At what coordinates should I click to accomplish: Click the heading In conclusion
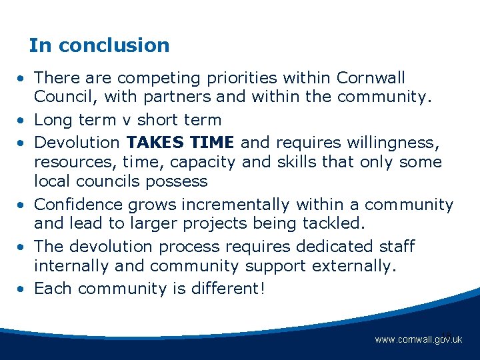pos(99,45)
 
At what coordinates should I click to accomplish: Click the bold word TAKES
pos(155,141)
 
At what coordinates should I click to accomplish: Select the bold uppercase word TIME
pos(212,141)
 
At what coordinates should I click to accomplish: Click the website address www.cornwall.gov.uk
pos(418,339)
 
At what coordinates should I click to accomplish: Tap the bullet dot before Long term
pos(22,121)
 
